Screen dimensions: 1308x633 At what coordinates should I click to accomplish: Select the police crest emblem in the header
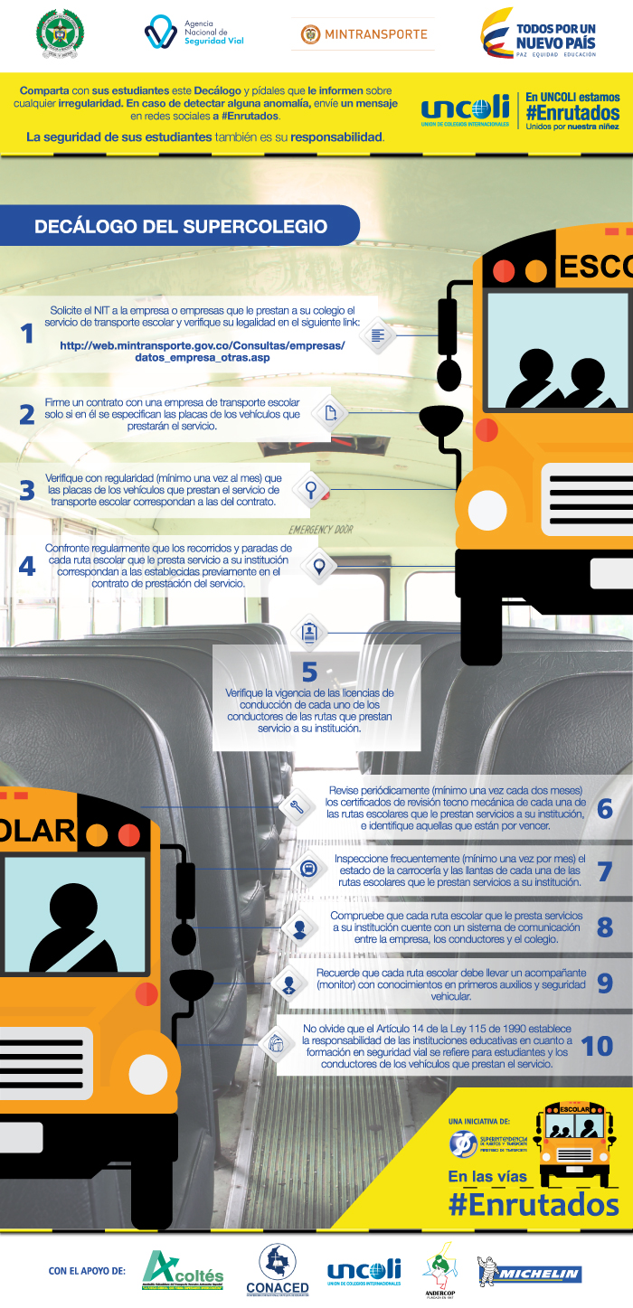[60, 33]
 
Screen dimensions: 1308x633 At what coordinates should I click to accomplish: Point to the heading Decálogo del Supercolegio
[181, 226]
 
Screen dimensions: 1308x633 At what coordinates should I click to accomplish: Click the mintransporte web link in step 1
[202, 351]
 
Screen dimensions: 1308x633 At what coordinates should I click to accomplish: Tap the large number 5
[309, 672]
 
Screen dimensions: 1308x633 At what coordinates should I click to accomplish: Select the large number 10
[597, 1045]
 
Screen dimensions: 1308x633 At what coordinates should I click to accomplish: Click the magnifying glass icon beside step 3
[310, 489]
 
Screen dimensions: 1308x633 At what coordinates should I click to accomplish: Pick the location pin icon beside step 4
[318, 566]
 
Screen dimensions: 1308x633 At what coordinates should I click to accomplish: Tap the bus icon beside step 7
[307, 869]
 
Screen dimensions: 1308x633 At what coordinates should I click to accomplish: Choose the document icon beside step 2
[331, 414]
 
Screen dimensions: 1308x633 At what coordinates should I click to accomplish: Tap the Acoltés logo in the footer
[183, 1271]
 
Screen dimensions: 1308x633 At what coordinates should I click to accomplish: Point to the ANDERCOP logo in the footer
[439, 1270]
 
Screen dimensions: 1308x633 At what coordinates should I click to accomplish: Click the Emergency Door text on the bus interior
[321, 529]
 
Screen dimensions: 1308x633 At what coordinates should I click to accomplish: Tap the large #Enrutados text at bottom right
[534, 1204]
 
